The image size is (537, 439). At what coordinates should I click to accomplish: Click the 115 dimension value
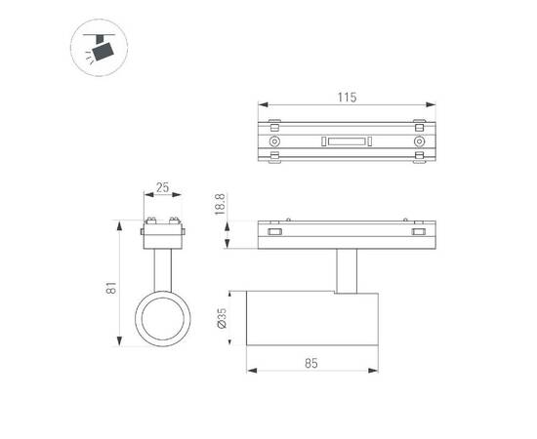(x=347, y=97)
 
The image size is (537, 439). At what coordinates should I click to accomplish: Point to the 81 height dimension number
(x=111, y=287)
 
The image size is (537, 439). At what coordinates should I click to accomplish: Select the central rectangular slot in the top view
(x=346, y=142)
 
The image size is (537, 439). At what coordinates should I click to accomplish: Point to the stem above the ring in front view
(x=161, y=265)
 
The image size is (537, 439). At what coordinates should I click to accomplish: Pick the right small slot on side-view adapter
(x=419, y=232)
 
